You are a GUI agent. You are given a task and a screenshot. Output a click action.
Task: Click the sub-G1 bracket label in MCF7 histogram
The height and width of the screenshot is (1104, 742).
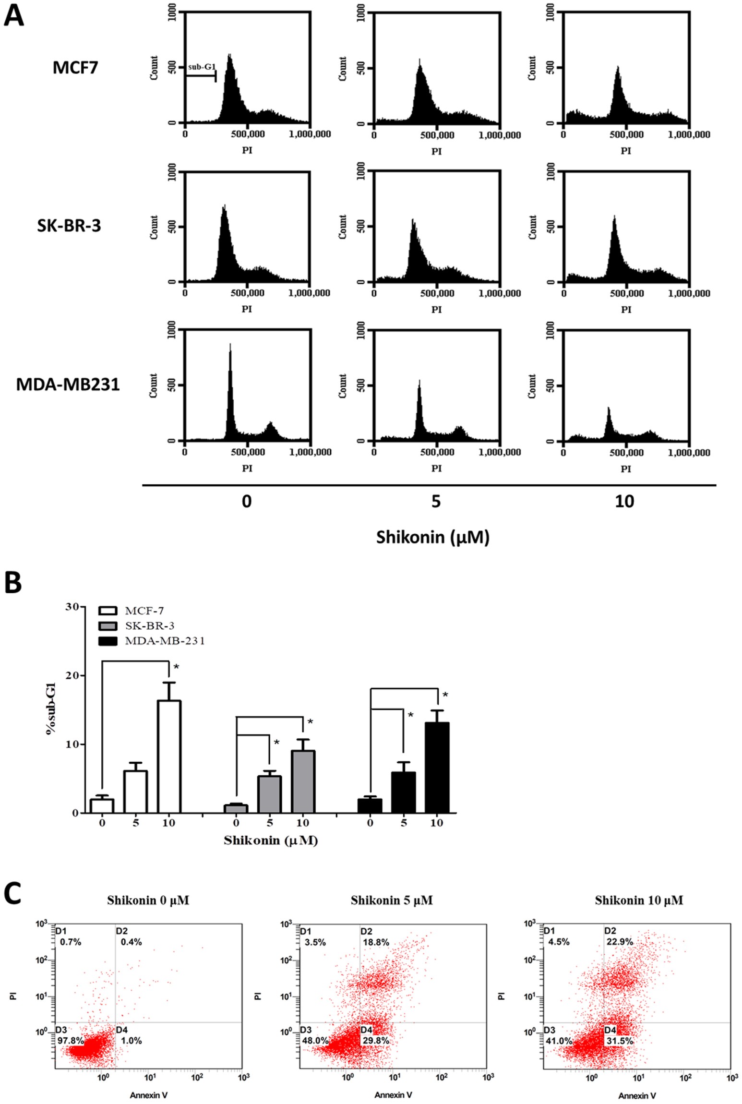click(x=202, y=67)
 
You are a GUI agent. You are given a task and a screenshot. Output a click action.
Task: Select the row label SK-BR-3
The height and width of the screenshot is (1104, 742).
click(x=69, y=226)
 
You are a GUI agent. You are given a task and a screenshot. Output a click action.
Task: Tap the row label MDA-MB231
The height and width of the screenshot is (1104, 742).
click(x=68, y=384)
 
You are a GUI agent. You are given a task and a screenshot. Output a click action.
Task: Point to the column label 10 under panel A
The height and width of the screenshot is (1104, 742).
click(x=624, y=502)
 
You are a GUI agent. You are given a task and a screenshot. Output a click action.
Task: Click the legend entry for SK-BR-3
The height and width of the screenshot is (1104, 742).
click(x=149, y=626)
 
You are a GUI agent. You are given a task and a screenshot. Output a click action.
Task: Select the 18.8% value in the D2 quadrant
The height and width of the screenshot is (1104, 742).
click(x=375, y=942)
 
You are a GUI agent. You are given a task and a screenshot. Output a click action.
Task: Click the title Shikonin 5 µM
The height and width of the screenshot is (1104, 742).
click(x=392, y=900)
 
